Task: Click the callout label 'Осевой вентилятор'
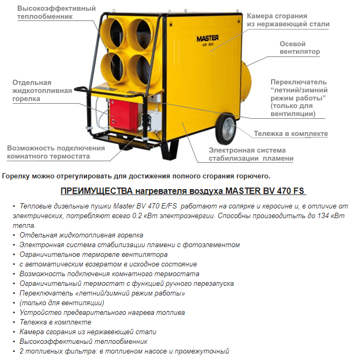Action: pyautogui.click(x=300, y=48)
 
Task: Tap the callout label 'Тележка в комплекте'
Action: pyautogui.click(x=290, y=134)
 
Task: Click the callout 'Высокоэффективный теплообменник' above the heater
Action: pyautogui.click(x=49, y=12)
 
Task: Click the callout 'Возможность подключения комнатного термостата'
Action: pyautogui.click(x=56, y=152)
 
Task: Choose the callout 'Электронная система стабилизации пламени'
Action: pyautogui.click(x=251, y=154)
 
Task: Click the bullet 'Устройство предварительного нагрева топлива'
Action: pyautogui.click(x=102, y=312)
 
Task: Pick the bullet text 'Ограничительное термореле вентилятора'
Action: pyautogui.click(x=94, y=254)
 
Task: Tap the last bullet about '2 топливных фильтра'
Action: pyautogui.click(x=124, y=351)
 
